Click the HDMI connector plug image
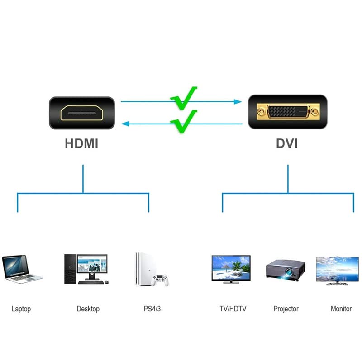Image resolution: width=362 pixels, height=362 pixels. [x=81, y=113]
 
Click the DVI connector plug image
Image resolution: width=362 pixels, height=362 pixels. [x=288, y=112]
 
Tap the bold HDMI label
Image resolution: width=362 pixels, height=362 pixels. [x=81, y=144]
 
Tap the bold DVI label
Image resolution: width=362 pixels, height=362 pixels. [x=287, y=144]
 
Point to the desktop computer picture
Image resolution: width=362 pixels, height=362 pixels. [x=86, y=269]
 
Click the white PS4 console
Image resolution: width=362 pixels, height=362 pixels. [x=141, y=269]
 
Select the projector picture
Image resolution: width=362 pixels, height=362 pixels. [x=284, y=270]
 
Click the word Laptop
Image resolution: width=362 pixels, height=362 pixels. [x=21, y=309]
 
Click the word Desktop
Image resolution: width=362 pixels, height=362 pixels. [x=88, y=309]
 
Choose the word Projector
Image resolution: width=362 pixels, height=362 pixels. [x=286, y=309]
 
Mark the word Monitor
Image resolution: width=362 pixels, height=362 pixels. [x=341, y=309]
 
